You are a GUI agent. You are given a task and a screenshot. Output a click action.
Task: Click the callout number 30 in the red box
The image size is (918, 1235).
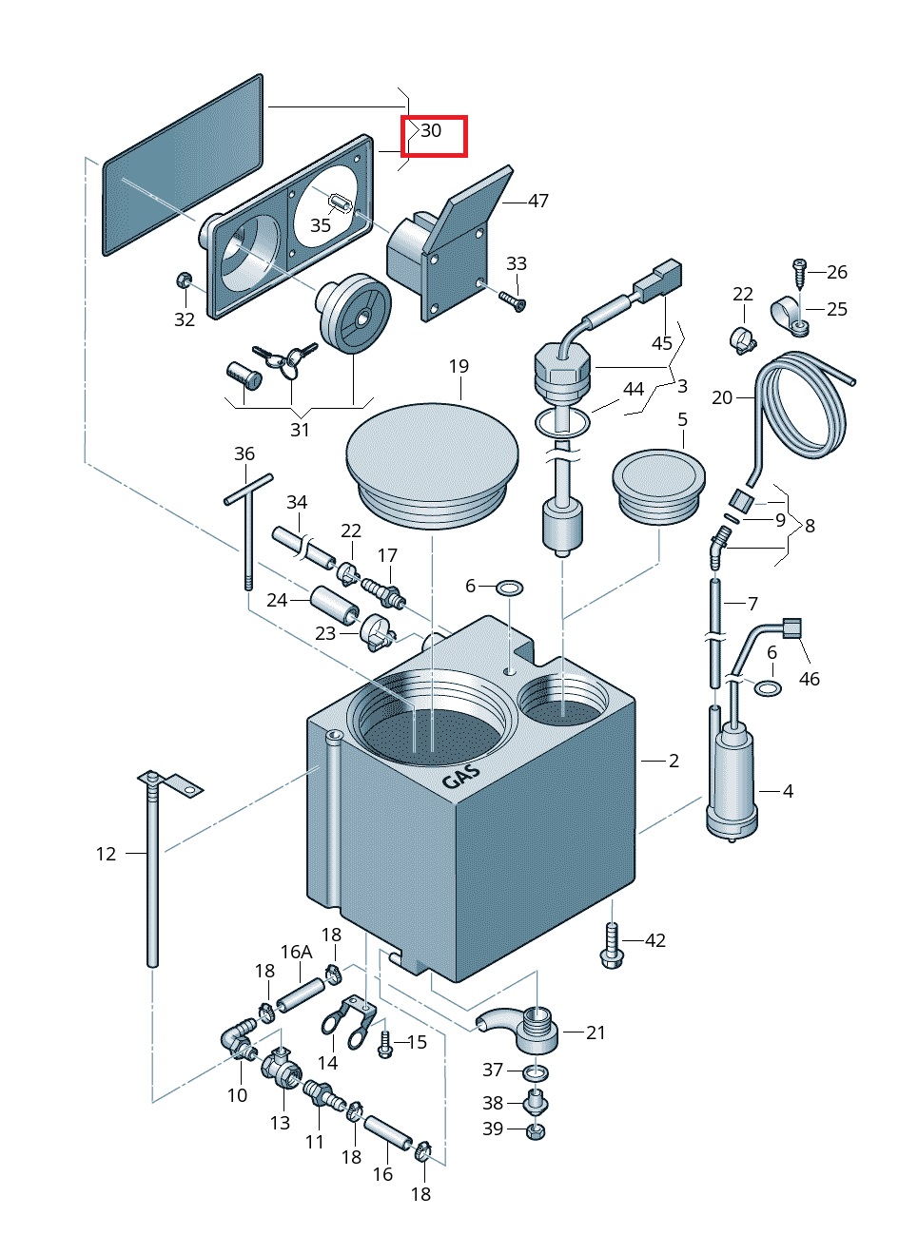[431, 130]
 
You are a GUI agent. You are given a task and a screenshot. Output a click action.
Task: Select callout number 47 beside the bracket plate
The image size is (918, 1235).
[538, 201]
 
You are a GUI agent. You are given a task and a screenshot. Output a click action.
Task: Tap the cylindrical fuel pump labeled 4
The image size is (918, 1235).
[733, 780]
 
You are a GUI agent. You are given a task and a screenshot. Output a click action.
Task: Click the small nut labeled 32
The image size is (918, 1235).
[184, 280]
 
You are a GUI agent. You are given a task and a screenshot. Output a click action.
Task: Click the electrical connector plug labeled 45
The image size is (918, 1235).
[658, 279]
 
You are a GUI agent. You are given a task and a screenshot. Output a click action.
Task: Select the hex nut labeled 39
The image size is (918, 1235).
[536, 1130]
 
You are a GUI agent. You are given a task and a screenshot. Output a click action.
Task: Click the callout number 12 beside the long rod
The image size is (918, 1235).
[106, 854]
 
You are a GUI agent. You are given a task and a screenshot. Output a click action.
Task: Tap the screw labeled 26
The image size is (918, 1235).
[801, 271]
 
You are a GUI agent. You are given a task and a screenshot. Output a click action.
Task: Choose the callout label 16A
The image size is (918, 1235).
[296, 952]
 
